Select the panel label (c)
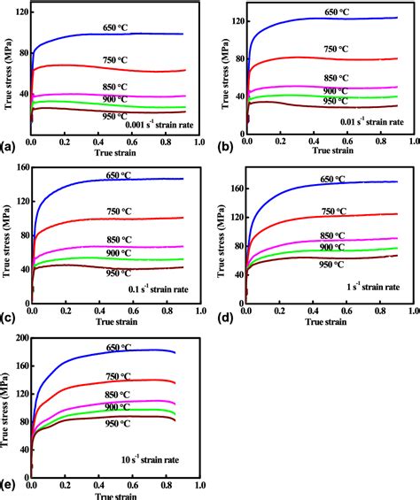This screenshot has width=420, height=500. pos(7,317)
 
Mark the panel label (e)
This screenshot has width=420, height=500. pos(7,487)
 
